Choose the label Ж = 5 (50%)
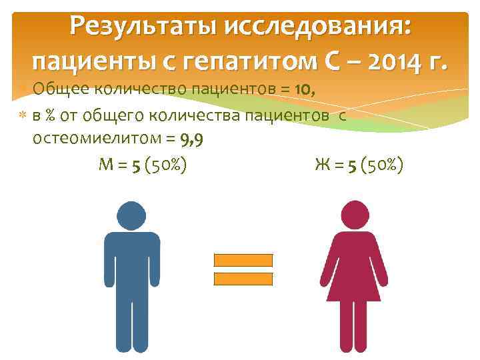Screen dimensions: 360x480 pos(359,165)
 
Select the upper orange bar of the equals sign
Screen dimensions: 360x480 pos(243,260)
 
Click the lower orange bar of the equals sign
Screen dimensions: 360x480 pos(243,279)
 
